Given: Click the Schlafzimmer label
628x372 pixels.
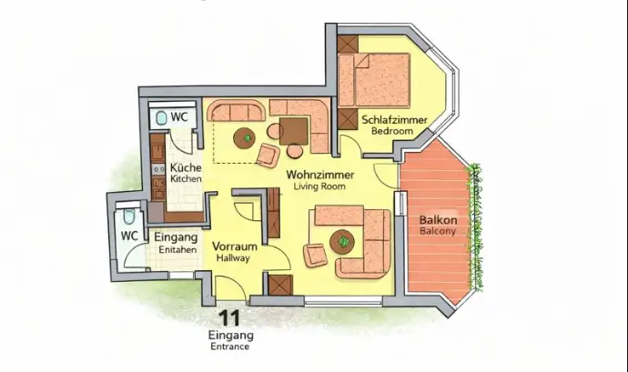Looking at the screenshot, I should [389, 119].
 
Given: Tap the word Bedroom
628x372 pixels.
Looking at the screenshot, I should [392, 132].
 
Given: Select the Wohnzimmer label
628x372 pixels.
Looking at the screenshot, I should [319, 174].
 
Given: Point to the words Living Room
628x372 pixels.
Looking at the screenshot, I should [319, 186].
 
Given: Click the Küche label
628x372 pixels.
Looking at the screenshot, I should [186, 167].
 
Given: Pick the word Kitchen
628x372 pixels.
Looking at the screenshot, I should [187, 179].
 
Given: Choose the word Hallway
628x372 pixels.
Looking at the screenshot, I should [233, 258].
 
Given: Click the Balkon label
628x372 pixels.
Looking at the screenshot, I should [438, 220].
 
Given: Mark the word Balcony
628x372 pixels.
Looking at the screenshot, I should [438, 232].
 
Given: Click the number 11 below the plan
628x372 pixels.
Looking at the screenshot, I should [230, 318].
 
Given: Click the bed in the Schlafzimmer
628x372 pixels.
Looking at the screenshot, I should [379, 80].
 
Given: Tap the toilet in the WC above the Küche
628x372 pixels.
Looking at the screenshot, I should [161, 118].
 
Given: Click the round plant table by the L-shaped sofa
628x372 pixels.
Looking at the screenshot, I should [343, 241].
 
